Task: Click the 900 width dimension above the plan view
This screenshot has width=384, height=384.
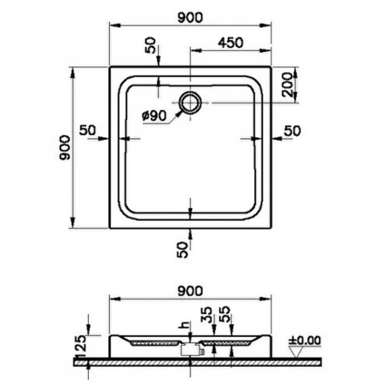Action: click(189, 17)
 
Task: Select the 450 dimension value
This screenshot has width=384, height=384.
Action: click(234, 42)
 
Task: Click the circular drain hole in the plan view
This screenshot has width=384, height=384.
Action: click(190, 102)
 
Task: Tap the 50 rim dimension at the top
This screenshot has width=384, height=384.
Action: click(153, 46)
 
